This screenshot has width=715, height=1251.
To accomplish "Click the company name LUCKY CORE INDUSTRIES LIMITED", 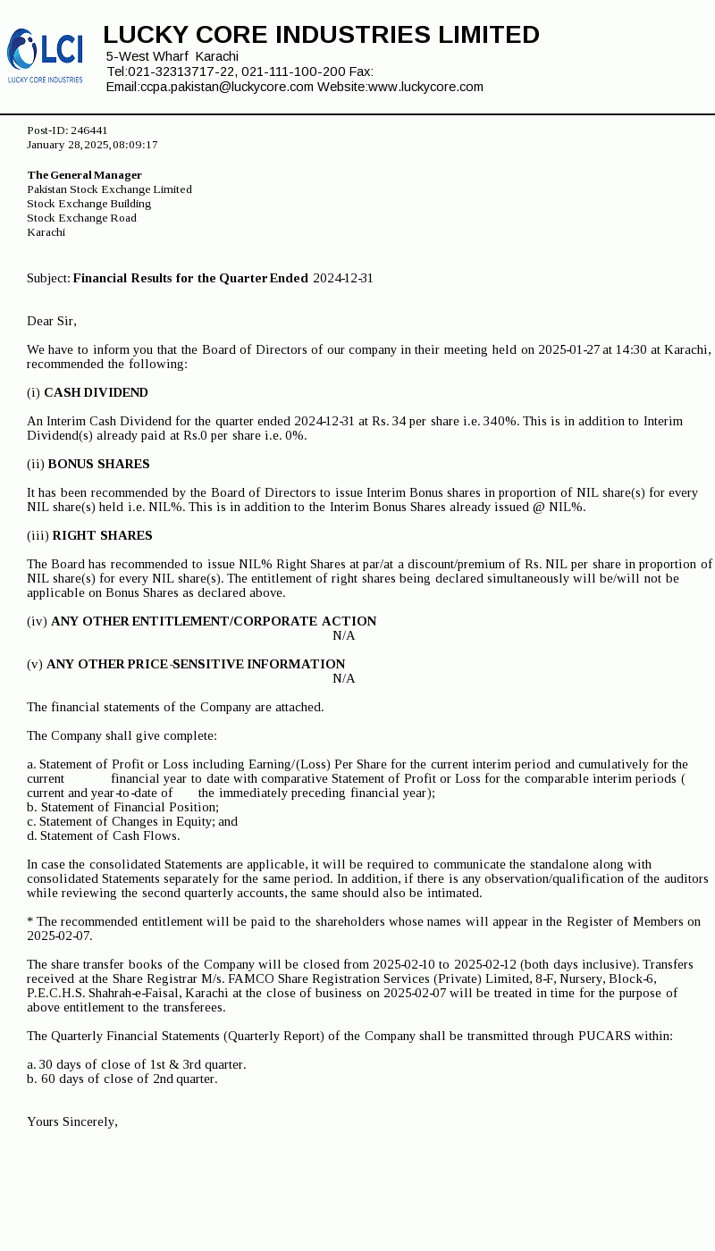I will tap(321, 35).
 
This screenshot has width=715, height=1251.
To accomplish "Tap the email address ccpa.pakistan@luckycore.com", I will tap(227, 87).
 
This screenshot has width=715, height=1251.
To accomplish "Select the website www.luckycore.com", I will tap(425, 87).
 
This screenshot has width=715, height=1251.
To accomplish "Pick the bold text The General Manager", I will tap(84, 175).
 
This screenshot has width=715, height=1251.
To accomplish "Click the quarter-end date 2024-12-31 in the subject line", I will tap(342, 278).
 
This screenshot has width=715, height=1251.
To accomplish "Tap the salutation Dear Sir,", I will tap(52, 321).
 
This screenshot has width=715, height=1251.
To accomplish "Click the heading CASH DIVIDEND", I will tap(96, 392).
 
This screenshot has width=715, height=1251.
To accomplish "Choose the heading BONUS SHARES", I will tap(98, 464).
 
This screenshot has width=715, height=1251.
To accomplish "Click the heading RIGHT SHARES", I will tap(102, 535).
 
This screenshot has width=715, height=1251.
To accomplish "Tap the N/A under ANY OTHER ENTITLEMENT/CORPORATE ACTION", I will tap(344, 635).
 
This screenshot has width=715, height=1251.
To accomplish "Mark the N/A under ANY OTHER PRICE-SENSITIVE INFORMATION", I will tap(344, 678).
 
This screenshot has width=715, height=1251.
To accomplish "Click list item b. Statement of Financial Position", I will tap(122, 807).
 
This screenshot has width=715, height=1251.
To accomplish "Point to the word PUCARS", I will tap(605, 1036).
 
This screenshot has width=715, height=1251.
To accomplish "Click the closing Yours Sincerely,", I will tap(72, 1121).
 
